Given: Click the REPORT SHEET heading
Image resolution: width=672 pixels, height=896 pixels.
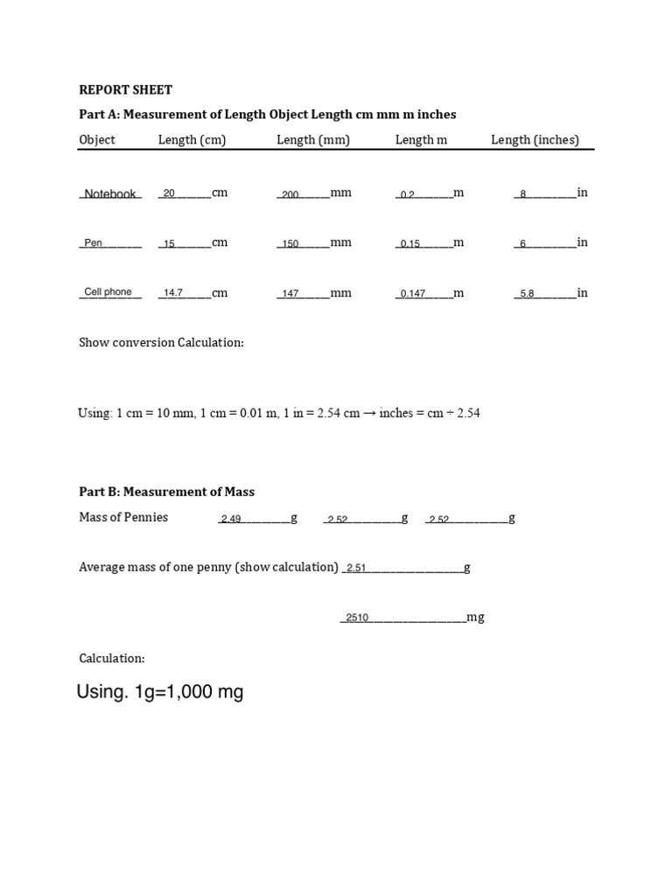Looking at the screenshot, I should coord(126,89).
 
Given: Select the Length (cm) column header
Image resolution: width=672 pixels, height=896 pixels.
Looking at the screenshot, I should coord(192,140).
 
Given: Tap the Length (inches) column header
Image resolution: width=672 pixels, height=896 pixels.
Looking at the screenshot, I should coord(535,140).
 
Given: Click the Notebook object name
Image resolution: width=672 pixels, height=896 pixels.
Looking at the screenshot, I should coord(110,194).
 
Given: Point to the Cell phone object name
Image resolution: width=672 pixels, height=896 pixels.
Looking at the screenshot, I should coord(108,292).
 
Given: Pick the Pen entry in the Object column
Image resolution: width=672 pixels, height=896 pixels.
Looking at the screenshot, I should coord(94,243).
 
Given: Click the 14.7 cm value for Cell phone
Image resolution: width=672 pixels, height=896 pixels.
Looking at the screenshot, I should coord(172,294).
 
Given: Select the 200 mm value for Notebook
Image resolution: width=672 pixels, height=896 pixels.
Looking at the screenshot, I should coord(290,195).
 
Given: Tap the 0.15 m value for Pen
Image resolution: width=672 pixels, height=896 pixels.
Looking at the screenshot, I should coord(410,244).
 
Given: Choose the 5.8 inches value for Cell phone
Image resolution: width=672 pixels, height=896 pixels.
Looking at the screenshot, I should coord(527,294).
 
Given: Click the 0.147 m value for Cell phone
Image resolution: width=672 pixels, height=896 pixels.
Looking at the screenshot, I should coord(413,294).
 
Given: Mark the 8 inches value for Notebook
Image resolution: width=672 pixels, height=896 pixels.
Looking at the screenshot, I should coord(523,195).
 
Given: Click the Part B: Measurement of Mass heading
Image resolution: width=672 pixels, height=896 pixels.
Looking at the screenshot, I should coord(167,492).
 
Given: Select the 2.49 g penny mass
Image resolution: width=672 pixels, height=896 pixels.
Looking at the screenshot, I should coord(231,520).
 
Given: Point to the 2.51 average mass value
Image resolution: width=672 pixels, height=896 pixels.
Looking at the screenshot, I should coord(356,569).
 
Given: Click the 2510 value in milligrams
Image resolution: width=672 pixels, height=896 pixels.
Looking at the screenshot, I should coord(357,619).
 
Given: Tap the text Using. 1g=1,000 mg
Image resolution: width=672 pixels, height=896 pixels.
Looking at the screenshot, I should coord(160,693).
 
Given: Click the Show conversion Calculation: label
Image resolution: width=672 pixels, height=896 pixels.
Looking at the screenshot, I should coord(162,343).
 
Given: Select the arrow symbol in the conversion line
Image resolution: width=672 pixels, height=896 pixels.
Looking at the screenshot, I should coord(369,413).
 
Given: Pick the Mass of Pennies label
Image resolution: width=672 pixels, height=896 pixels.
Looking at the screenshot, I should coord(123,517).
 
